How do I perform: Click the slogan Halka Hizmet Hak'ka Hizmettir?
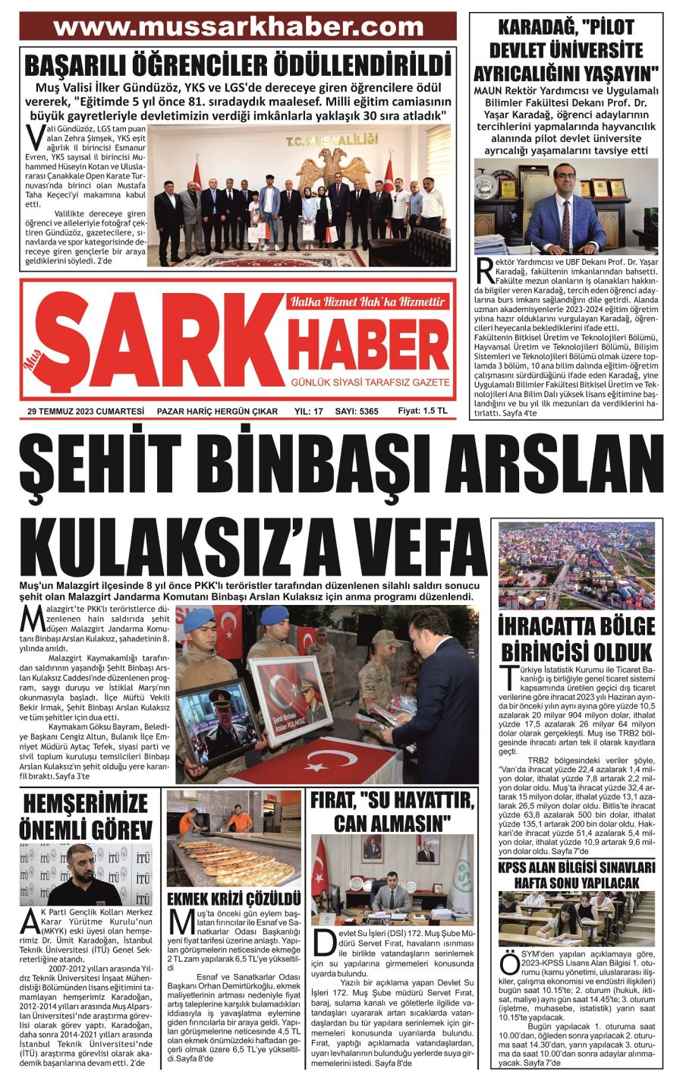pyautogui.click(x=368, y=301)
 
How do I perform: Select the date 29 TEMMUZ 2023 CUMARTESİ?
pyautogui.click(x=86, y=411)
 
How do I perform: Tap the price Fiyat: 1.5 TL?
pyautogui.click(x=423, y=410)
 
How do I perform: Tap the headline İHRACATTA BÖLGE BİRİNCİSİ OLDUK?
pyautogui.click(x=577, y=638)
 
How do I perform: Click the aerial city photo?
pyautogui.click(x=577, y=566)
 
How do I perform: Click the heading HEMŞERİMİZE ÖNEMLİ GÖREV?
pyautogui.click(x=87, y=816)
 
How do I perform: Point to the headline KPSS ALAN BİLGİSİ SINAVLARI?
pyautogui.click(x=577, y=867)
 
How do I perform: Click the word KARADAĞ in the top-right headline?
pyautogui.click(x=534, y=30)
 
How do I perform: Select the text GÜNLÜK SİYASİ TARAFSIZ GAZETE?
pyautogui.click(x=367, y=382)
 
